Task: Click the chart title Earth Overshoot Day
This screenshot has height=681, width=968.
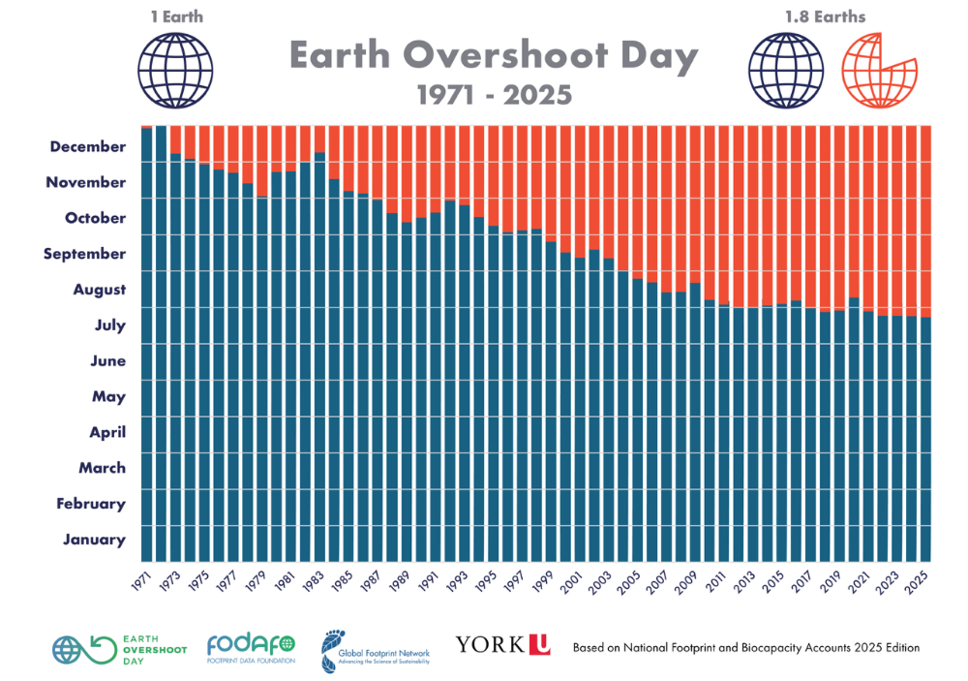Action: click(x=494, y=57)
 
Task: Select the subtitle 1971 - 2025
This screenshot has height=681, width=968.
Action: click(x=494, y=95)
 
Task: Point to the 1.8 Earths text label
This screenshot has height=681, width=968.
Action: click(x=826, y=16)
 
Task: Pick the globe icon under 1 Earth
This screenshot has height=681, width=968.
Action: click(x=175, y=70)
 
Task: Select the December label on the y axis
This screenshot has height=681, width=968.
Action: click(x=87, y=146)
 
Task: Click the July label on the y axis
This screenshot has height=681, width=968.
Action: click(x=109, y=325)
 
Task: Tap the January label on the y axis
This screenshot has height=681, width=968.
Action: click(x=94, y=540)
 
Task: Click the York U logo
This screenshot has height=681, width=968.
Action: click(x=503, y=643)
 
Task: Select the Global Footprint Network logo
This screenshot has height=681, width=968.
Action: click(x=376, y=652)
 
